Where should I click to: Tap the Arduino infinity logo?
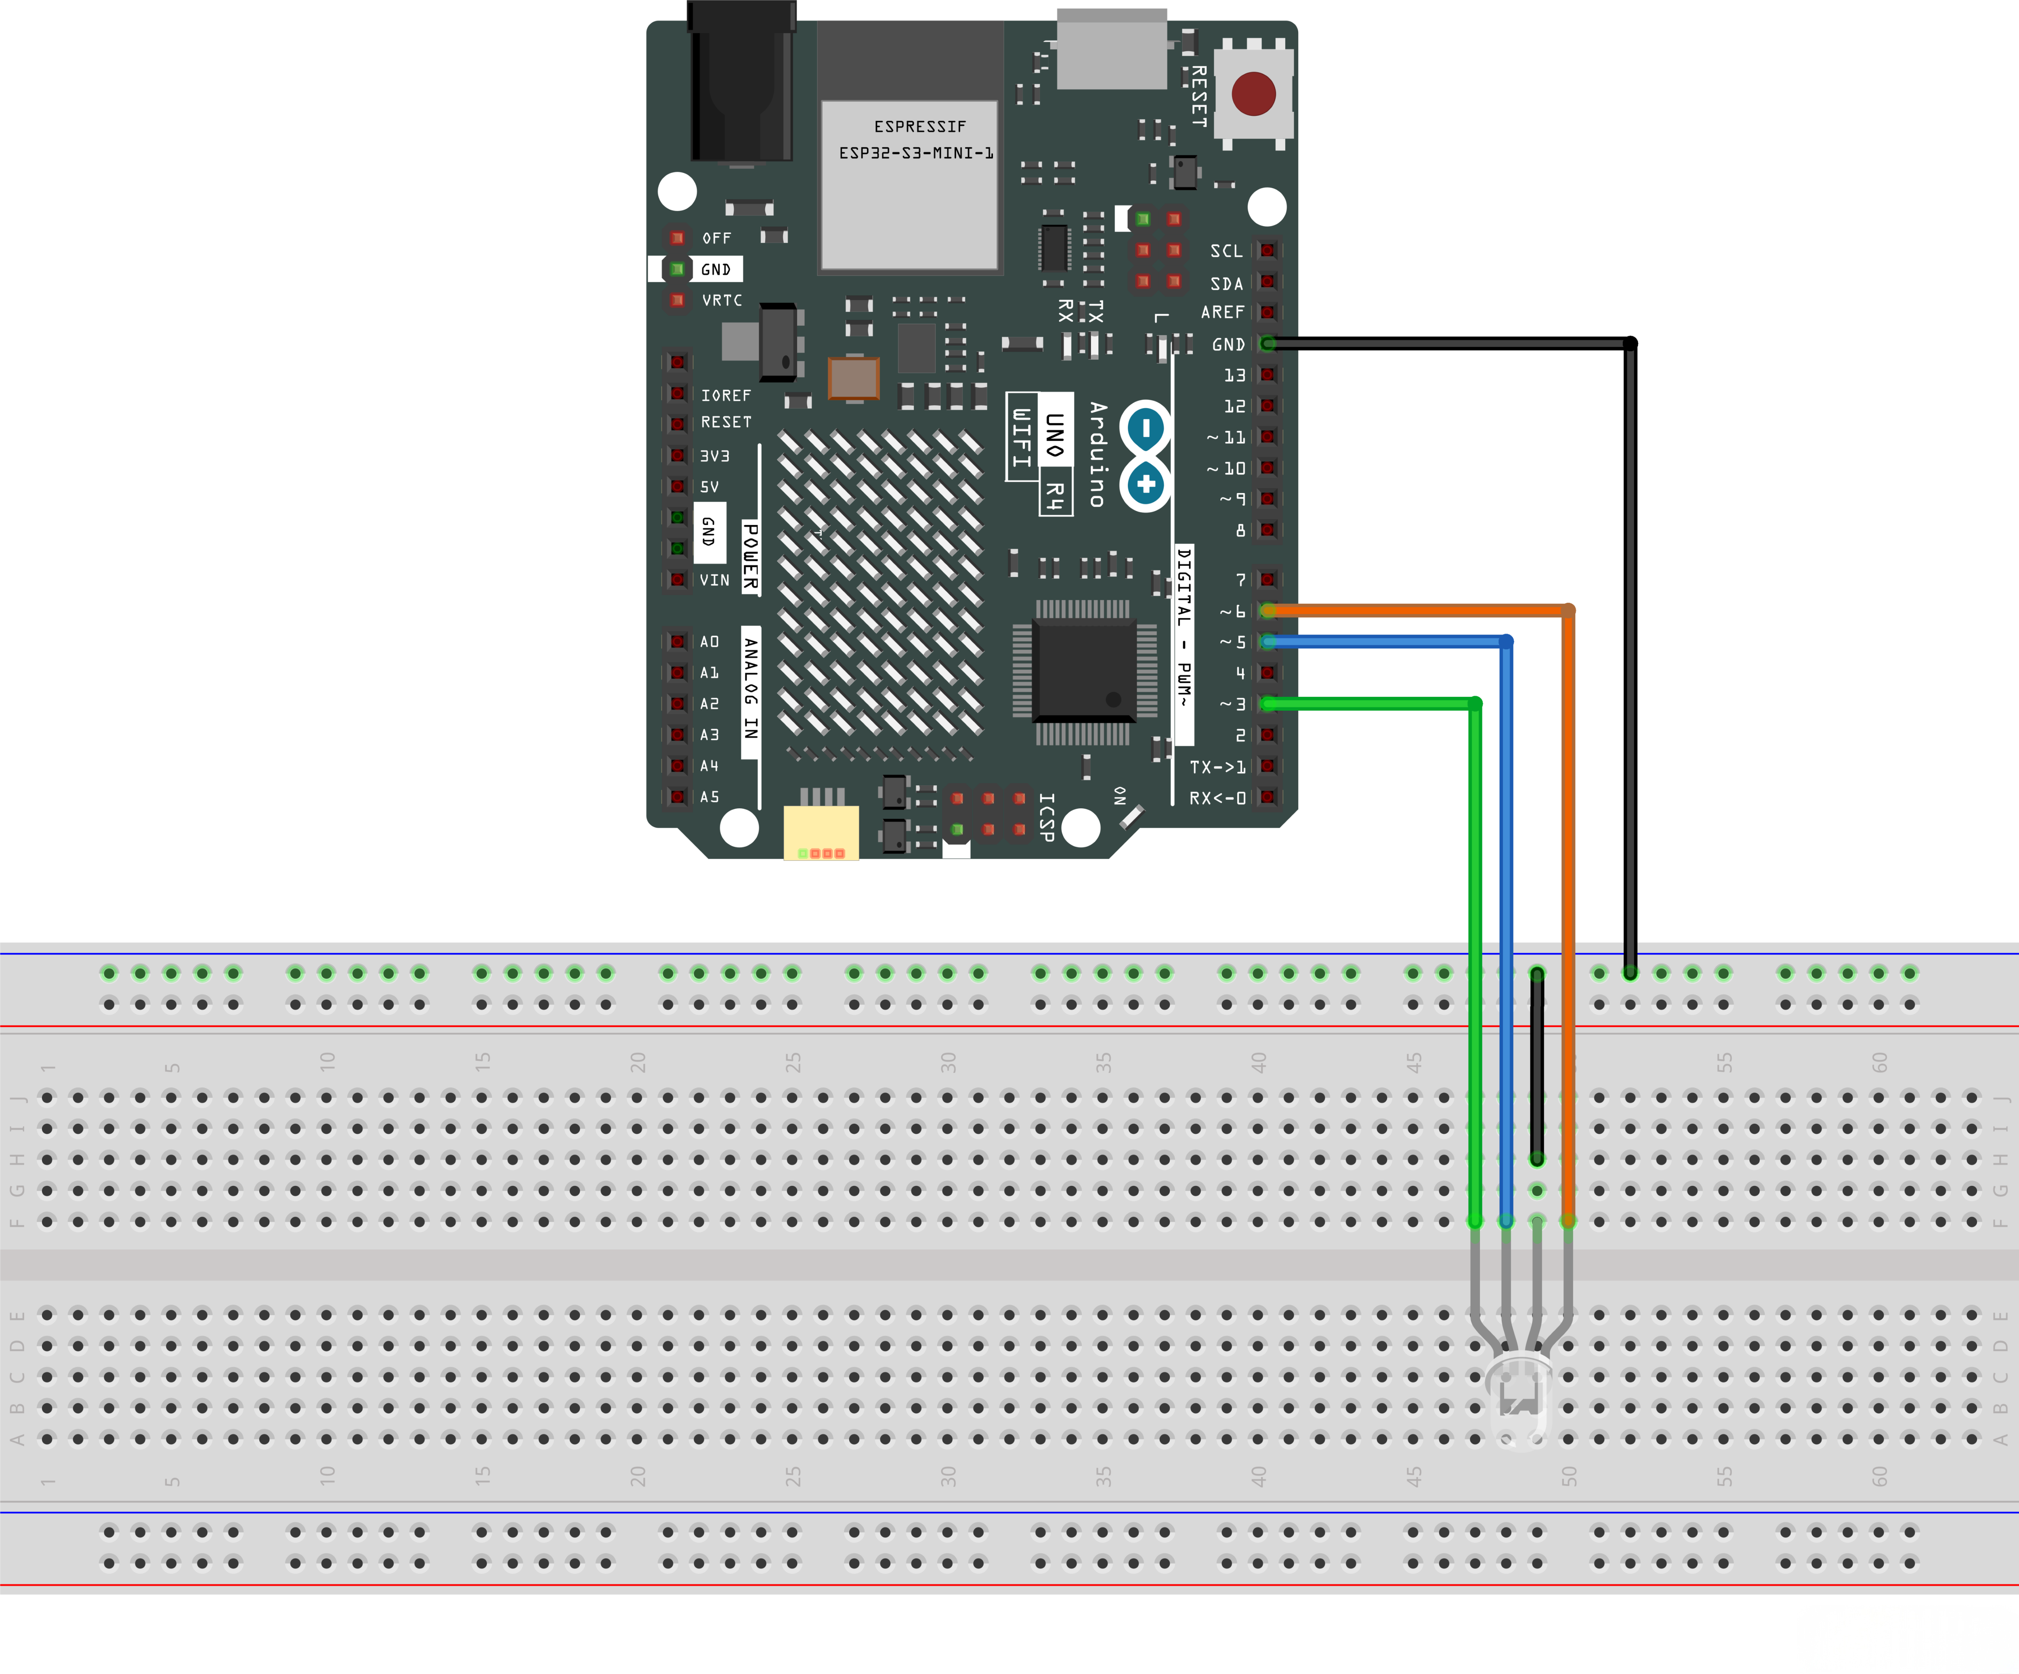pyautogui.click(x=1145, y=456)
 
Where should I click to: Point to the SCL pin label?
pyautogui.click(x=1226, y=251)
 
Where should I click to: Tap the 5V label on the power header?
pyautogui.click(x=709, y=487)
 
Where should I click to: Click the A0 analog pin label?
pyautogui.click(x=709, y=641)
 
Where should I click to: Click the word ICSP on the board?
pyautogui.click(x=1047, y=817)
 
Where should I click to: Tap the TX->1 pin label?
pyautogui.click(x=1217, y=766)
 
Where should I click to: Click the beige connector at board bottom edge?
pyautogui.click(x=820, y=832)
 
